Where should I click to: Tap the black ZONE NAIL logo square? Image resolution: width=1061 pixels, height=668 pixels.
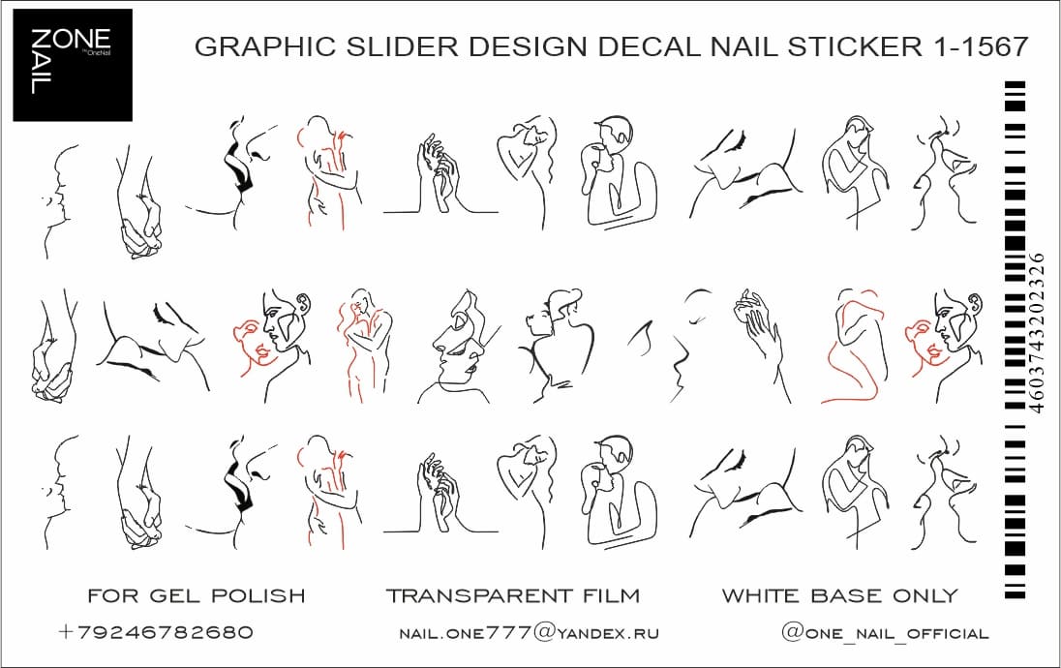coord(73,65)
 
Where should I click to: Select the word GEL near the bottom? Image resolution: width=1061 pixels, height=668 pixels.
coord(174,595)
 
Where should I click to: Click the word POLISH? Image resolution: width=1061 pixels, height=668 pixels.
coord(258,595)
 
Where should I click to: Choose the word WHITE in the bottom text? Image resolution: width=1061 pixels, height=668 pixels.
coord(761,595)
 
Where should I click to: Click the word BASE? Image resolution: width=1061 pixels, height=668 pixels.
coord(846,595)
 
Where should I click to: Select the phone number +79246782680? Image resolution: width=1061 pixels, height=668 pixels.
coord(156,632)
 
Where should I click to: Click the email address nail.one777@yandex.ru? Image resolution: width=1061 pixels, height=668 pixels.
coord(529,633)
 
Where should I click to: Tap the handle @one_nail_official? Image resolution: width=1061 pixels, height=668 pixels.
coord(885,633)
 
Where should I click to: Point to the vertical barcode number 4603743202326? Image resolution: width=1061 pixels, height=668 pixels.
coord(1036,332)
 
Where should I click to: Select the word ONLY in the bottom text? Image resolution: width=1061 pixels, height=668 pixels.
coord(925,595)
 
